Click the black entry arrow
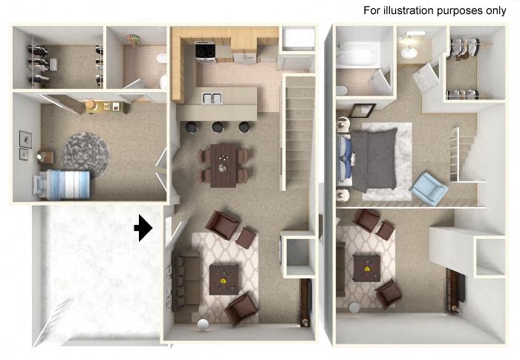[x=143, y=229]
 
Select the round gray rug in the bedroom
[x=85, y=151]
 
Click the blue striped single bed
[x=65, y=183]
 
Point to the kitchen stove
[x=206, y=52]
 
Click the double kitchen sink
[x=211, y=98]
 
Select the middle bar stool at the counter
[x=218, y=127]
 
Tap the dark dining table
[x=223, y=163]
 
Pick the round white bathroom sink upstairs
[x=409, y=52]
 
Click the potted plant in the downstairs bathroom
[x=134, y=40]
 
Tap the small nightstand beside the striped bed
[x=46, y=157]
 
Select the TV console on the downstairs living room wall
[x=305, y=302]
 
